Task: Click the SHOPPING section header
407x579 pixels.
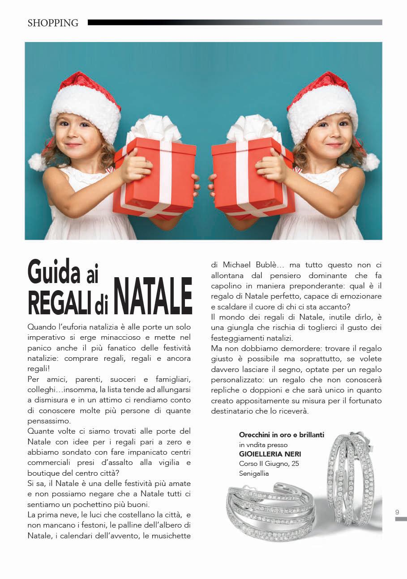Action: [x=53, y=23]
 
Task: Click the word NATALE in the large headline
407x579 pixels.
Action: [x=153, y=296]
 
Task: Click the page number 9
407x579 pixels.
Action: [x=397, y=512]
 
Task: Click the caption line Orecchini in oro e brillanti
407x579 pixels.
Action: [x=282, y=435]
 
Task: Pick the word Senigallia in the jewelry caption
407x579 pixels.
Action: [x=254, y=473]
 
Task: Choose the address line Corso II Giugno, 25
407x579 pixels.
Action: [x=269, y=464]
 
